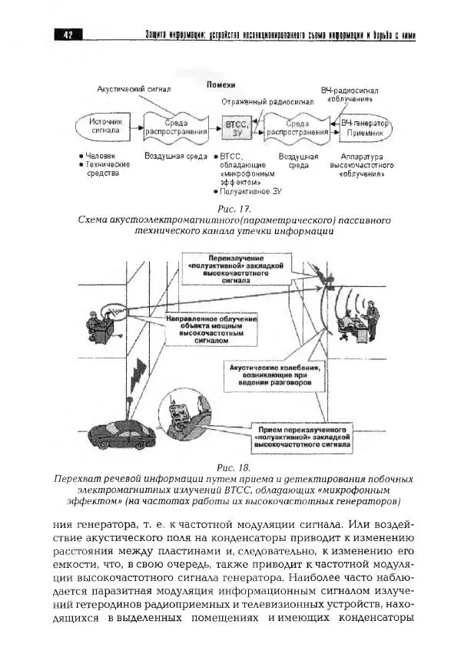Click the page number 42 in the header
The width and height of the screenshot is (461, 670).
(68, 35)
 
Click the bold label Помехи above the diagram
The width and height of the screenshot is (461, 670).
(221, 84)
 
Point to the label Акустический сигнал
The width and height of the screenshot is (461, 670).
(134, 90)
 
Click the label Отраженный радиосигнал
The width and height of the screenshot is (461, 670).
(257, 101)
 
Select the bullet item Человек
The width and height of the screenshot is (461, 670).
(101, 156)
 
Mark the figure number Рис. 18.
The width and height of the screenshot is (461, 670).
(234, 467)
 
